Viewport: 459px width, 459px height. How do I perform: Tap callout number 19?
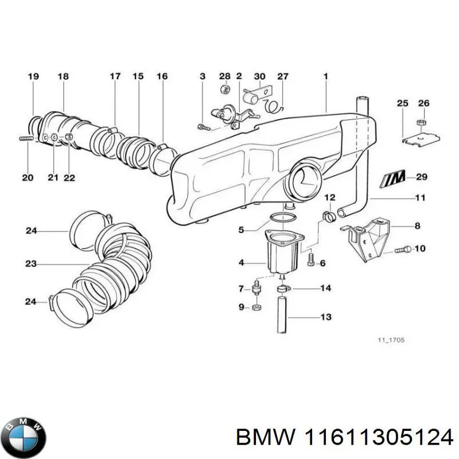click(x=33, y=76)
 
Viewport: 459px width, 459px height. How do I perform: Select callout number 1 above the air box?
click(x=325, y=76)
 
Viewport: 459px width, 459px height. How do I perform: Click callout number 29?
click(x=422, y=177)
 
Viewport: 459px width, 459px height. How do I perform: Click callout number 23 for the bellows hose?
click(x=30, y=264)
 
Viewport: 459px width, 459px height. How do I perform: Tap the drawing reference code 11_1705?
click(x=391, y=340)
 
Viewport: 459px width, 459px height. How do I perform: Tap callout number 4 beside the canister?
click(x=241, y=263)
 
